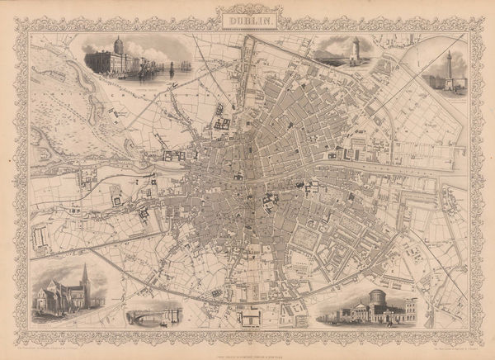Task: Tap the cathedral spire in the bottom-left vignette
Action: [x=84, y=277]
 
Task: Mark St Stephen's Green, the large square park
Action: [x=305, y=240]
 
